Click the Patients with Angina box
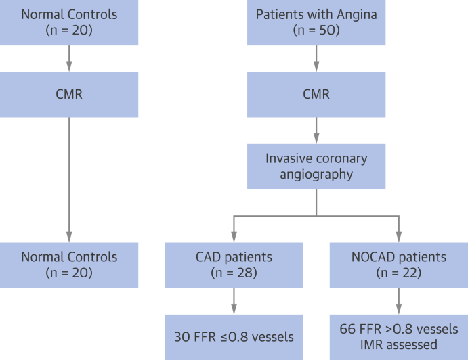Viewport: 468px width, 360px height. [x=316, y=22]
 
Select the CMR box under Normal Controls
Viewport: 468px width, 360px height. [x=68, y=94]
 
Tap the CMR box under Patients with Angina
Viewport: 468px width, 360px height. [x=316, y=94]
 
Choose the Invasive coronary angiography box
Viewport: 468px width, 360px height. [x=316, y=166]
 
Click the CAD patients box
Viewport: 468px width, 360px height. [x=234, y=265]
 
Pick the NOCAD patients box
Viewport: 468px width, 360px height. [x=398, y=265]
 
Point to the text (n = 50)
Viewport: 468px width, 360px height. [x=316, y=30]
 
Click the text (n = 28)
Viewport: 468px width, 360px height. [x=234, y=273]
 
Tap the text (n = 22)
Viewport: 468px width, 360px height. [x=398, y=273]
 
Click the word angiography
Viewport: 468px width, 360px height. [x=316, y=175]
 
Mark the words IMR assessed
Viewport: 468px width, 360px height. [x=398, y=344]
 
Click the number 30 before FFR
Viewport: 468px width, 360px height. [x=182, y=336]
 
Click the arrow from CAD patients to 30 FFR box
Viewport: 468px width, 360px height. [x=234, y=300]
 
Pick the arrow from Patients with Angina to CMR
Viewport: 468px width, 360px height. [x=316, y=58]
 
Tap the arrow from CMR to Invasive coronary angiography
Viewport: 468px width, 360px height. [x=316, y=130]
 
